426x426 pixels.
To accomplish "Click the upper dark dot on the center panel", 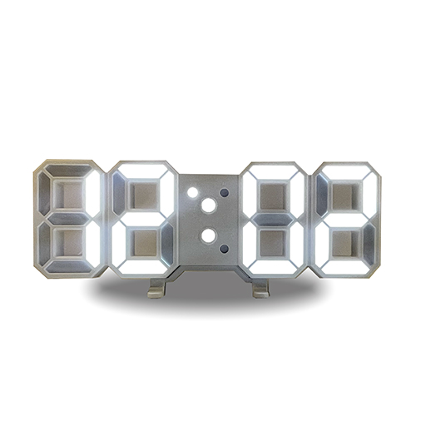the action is click(x=224, y=192).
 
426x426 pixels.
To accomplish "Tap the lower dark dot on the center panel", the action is click(x=224, y=248).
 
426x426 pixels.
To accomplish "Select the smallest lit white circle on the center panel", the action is click(x=191, y=192).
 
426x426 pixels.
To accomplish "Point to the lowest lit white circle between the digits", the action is click(x=208, y=235).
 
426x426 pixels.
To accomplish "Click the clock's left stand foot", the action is click(x=156, y=286).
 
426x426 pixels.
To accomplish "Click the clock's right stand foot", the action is click(x=261, y=286).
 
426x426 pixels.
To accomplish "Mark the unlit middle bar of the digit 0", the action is click(x=273, y=220).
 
